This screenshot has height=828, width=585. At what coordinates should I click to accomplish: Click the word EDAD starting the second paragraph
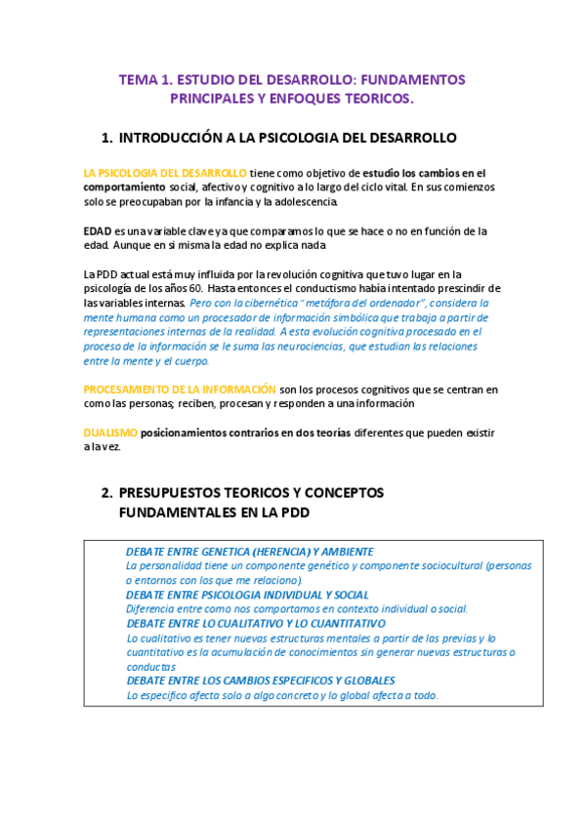coord(98,231)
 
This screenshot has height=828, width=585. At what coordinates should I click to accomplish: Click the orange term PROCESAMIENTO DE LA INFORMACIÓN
coord(180,389)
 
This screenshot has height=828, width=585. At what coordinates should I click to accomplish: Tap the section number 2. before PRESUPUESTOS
coord(106,493)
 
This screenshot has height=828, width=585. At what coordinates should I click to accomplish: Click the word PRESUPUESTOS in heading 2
coord(177,493)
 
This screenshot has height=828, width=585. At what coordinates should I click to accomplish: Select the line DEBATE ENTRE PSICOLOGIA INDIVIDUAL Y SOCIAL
coord(247,594)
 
